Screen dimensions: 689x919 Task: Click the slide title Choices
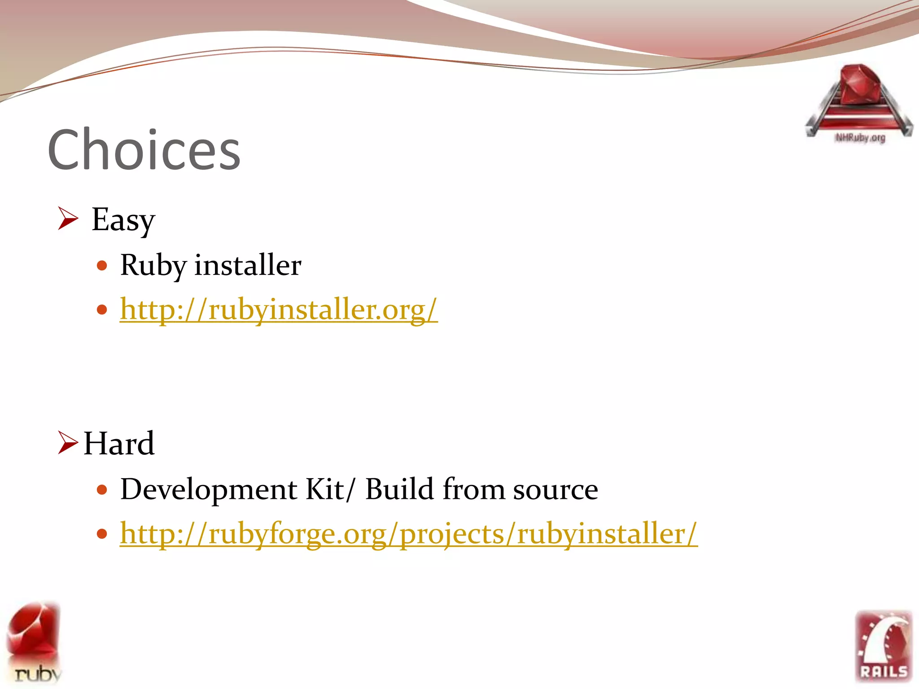click(x=144, y=150)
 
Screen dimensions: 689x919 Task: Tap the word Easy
click(x=123, y=220)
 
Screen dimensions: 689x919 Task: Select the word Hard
click(x=119, y=444)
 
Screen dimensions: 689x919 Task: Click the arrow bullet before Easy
click(x=68, y=218)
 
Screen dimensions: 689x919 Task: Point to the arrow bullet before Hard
click(x=68, y=442)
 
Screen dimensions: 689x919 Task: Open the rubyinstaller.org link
click(x=278, y=310)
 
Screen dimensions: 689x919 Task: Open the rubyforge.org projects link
click(x=408, y=534)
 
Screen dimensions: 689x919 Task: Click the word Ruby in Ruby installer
click(x=153, y=265)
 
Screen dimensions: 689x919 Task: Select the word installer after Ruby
click(x=248, y=265)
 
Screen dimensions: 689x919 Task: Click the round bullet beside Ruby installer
click(x=102, y=266)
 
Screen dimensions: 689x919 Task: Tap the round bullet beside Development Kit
click(x=102, y=489)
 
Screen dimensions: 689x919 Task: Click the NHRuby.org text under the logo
click(x=860, y=138)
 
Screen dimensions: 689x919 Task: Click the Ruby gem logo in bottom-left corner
click(x=34, y=641)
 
